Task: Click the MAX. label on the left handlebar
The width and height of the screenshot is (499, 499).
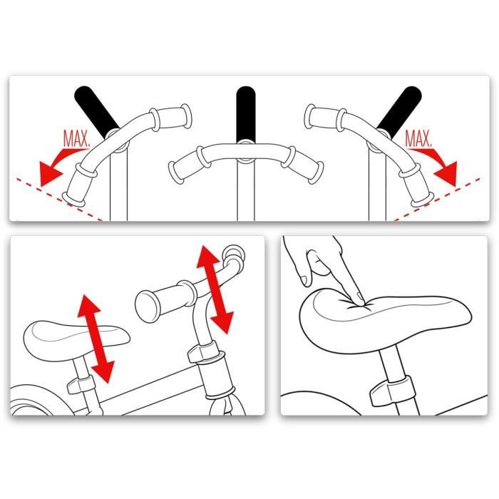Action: click(x=76, y=138)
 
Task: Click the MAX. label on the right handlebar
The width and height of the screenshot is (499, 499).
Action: click(x=419, y=139)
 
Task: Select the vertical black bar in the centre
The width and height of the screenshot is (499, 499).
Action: click(x=246, y=114)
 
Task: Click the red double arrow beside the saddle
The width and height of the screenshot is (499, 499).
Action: click(x=96, y=339)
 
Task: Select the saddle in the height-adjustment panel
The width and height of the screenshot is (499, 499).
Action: click(x=76, y=340)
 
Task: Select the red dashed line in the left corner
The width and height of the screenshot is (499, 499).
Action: click(x=59, y=199)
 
